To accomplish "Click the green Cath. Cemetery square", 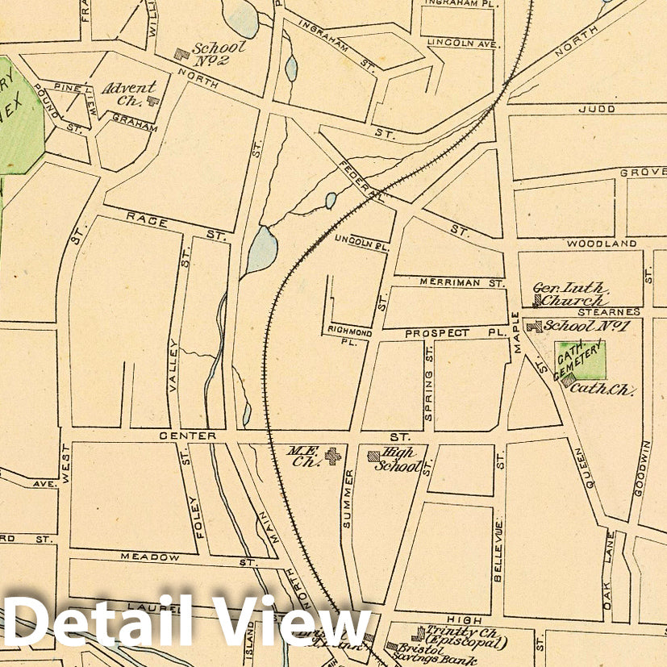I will (x=581, y=360).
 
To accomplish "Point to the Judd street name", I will (x=602, y=109).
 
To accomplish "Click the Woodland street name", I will (x=601, y=243).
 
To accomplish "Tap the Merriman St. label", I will (x=461, y=283).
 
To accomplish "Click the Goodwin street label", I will (x=644, y=468).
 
